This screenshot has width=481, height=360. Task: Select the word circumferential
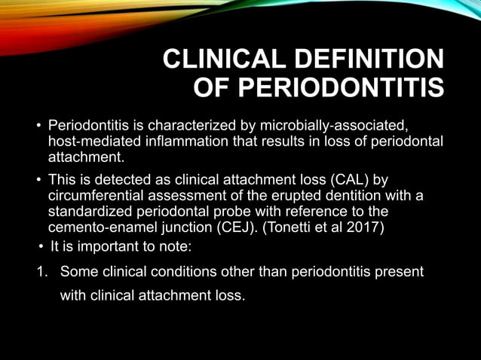pyautogui.click(x=93, y=196)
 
